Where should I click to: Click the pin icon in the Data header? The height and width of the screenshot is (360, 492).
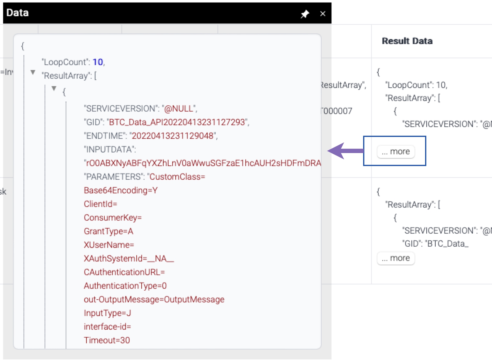click(x=305, y=14)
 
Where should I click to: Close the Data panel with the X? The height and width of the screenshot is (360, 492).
click(x=323, y=14)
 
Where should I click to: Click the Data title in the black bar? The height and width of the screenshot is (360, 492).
click(x=18, y=13)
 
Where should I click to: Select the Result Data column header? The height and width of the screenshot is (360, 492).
click(x=407, y=41)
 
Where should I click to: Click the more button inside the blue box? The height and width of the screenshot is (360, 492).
click(x=396, y=151)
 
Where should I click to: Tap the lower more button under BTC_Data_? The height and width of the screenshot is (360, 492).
click(x=396, y=258)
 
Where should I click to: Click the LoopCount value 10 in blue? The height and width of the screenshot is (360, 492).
click(x=98, y=62)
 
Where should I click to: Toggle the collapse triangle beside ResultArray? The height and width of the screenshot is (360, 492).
click(x=33, y=72)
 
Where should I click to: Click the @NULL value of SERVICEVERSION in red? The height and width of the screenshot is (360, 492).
click(x=179, y=108)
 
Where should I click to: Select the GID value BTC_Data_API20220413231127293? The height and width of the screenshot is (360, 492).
click(x=178, y=122)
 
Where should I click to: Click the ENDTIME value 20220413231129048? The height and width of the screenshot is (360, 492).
click(x=173, y=136)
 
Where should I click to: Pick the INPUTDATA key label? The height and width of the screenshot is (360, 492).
click(x=110, y=149)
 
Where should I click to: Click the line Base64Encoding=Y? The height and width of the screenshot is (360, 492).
click(x=121, y=190)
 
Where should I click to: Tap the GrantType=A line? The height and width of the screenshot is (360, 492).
click(x=108, y=231)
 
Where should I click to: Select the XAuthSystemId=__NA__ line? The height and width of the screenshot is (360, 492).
click(x=129, y=258)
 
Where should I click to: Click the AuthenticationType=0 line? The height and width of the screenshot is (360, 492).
click(x=125, y=286)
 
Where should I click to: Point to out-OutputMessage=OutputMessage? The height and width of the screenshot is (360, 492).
click(x=154, y=299)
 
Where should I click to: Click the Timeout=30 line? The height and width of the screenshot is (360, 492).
click(x=107, y=340)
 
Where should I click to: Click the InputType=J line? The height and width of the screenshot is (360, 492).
click(x=107, y=313)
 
